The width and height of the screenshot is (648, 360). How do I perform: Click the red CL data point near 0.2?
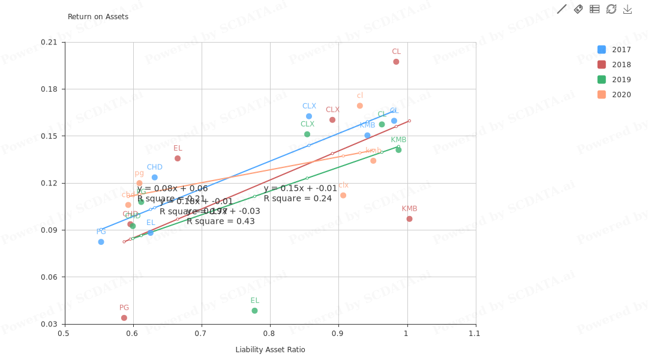396,62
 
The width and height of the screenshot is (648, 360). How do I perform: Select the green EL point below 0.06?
254,311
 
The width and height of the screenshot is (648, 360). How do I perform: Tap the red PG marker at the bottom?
124,318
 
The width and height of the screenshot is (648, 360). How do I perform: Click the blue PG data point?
101,242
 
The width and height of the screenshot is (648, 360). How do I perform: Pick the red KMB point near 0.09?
409,219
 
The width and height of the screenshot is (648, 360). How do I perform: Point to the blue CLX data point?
309,116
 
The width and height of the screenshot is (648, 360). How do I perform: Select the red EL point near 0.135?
178,158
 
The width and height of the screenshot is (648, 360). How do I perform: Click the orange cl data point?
360,106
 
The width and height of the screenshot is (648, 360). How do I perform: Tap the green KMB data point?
398,150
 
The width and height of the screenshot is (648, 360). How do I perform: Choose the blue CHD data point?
155,178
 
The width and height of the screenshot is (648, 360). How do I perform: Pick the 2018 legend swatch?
601,65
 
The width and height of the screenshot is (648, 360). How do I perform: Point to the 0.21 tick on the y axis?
49,42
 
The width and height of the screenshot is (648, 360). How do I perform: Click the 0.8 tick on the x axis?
269,334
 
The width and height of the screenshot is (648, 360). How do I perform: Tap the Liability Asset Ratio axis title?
270,350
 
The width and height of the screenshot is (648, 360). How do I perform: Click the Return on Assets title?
98,17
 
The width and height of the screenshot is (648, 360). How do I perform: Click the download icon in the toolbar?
628,9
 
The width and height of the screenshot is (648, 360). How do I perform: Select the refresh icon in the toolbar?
611,9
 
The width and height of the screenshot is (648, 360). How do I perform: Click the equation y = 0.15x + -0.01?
300,188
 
